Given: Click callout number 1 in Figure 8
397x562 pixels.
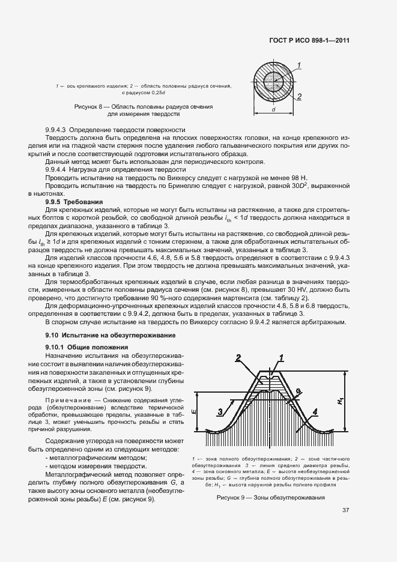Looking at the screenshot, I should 299,64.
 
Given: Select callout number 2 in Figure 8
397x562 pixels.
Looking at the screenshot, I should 299,96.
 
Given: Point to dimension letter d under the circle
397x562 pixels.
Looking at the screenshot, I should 273,110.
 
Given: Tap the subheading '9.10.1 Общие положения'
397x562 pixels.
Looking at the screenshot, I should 86,347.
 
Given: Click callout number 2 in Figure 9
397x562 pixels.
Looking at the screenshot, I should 238,358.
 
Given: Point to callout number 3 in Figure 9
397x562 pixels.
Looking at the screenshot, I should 220,411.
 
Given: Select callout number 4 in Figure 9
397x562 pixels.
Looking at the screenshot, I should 315,411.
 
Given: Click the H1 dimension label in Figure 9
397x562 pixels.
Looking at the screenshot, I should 341,401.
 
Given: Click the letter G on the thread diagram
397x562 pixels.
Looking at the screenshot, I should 299,391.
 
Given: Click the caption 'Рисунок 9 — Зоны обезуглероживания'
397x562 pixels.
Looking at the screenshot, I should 270,498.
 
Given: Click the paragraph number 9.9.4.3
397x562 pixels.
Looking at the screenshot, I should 59,130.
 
